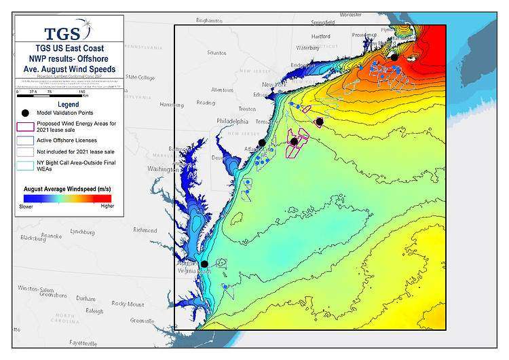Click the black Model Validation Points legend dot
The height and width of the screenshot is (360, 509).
[x=25, y=113]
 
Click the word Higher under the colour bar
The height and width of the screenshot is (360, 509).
[x=107, y=206]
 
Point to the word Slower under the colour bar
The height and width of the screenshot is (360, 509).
[x=26, y=206]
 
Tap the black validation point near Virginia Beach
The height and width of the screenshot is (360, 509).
[x=204, y=264]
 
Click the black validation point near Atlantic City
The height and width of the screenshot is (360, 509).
[x=262, y=143]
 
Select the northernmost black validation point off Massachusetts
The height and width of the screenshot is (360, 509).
[x=394, y=57]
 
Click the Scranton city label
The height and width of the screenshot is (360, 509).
[x=216, y=52]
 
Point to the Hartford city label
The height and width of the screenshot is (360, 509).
[x=320, y=36]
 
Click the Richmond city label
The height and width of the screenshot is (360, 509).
[x=145, y=230]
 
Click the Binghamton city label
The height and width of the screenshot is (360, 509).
[x=209, y=21]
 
